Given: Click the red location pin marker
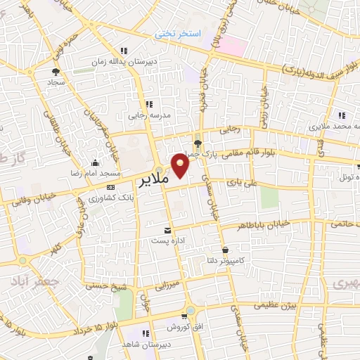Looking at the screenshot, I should point(181,167).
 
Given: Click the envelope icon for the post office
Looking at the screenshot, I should point(167,230).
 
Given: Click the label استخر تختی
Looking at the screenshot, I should point(178,34).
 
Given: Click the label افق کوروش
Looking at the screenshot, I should point(186,328).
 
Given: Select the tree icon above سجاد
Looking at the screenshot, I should point(56,71).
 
